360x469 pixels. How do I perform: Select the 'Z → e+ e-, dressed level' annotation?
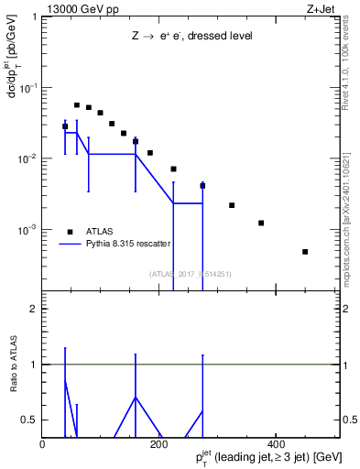pyautogui.click(x=191, y=36)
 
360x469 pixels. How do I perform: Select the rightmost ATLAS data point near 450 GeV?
pyautogui.click(x=305, y=252)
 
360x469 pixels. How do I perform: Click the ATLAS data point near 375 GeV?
pyautogui.click(x=261, y=223)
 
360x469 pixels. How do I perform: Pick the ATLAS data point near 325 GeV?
pyautogui.click(x=232, y=205)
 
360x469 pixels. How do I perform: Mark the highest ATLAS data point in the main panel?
pyautogui.click(x=77, y=105)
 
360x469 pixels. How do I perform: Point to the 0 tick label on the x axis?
pyautogui.click(x=42, y=443)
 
